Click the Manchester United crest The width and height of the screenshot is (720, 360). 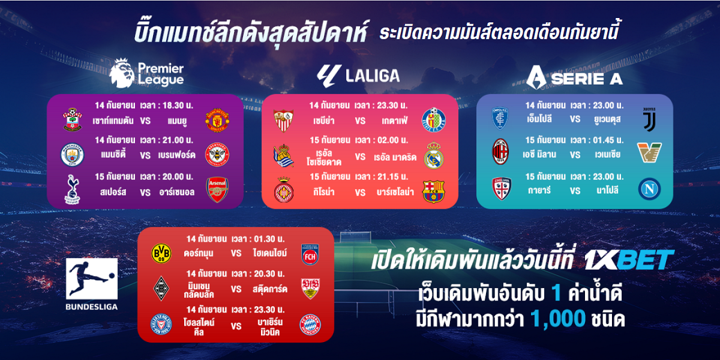(217, 121)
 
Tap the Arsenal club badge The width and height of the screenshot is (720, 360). (217, 190)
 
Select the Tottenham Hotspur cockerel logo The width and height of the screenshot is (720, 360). (73, 190)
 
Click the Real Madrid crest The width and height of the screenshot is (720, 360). (434, 155)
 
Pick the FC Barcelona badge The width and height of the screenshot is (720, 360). (433, 191)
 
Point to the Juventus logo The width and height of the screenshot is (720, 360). (649, 119)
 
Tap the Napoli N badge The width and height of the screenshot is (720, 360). (649, 188)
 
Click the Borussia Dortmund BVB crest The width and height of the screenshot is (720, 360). (161, 253)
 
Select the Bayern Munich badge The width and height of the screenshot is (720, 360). (310, 325)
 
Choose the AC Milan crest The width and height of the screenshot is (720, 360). (500, 151)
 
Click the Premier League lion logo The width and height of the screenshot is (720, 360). (122, 73)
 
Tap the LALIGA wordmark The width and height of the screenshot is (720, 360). (373, 76)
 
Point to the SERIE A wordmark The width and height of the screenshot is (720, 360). (587, 79)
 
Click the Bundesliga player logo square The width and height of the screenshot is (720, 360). (92, 279)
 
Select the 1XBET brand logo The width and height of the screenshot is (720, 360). (629, 260)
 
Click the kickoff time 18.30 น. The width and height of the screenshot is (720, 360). (178, 106)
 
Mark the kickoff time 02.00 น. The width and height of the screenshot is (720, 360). (392, 140)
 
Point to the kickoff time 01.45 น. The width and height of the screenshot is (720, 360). (608, 140)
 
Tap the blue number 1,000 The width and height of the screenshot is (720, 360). (557, 319)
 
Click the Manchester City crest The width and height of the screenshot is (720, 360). (73, 155)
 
